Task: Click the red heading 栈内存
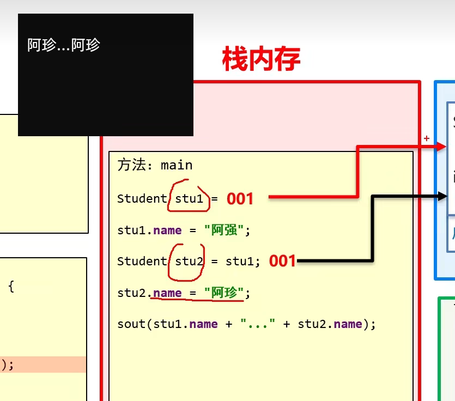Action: [x=261, y=59]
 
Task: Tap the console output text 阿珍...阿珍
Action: [x=64, y=45]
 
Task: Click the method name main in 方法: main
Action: [x=177, y=165]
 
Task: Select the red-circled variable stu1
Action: [x=189, y=199]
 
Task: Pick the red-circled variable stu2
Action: [x=189, y=262]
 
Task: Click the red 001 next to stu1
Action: [x=240, y=199]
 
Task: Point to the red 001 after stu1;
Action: [x=282, y=262]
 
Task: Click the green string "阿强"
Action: [x=223, y=230]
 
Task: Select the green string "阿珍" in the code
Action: [x=223, y=293]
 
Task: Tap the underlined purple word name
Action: [x=167, y=293]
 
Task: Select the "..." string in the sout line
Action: [x=258, y=324]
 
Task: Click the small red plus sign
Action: [x=427, y=139]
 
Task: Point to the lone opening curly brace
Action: [x=11, y=287]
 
